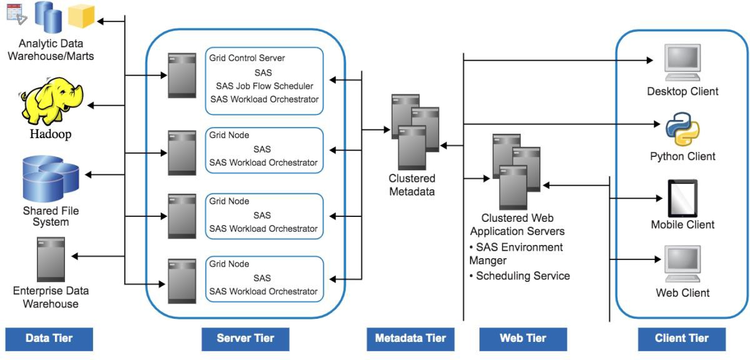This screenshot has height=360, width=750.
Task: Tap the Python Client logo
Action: (x=682, y=128)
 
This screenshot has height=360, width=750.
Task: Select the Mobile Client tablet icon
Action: (x=682, y=198)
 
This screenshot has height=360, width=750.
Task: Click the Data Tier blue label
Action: (x=49, y=339)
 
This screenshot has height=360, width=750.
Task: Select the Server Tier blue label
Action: (x=245, y=339)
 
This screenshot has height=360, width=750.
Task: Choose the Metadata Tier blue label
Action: (x=411, y=339)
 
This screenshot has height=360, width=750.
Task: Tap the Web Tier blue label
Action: (x=523, y=339)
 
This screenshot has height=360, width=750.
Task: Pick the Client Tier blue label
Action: (x=682, y=339)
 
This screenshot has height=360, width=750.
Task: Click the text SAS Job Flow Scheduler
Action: (x=264, y=86)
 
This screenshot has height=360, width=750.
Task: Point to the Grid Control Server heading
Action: (x=247, y=58)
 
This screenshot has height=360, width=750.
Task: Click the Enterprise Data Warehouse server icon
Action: (x=51, y=259)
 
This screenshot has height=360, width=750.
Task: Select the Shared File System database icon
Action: (x=51, y=177)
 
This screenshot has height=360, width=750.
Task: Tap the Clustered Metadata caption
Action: (x=412, y=185)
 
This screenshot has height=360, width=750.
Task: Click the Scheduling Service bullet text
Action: (x=522, y=276)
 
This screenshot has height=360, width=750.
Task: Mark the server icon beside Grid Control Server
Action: (x=182, y=75)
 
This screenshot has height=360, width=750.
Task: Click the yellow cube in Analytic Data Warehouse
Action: (x=81, y=16)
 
